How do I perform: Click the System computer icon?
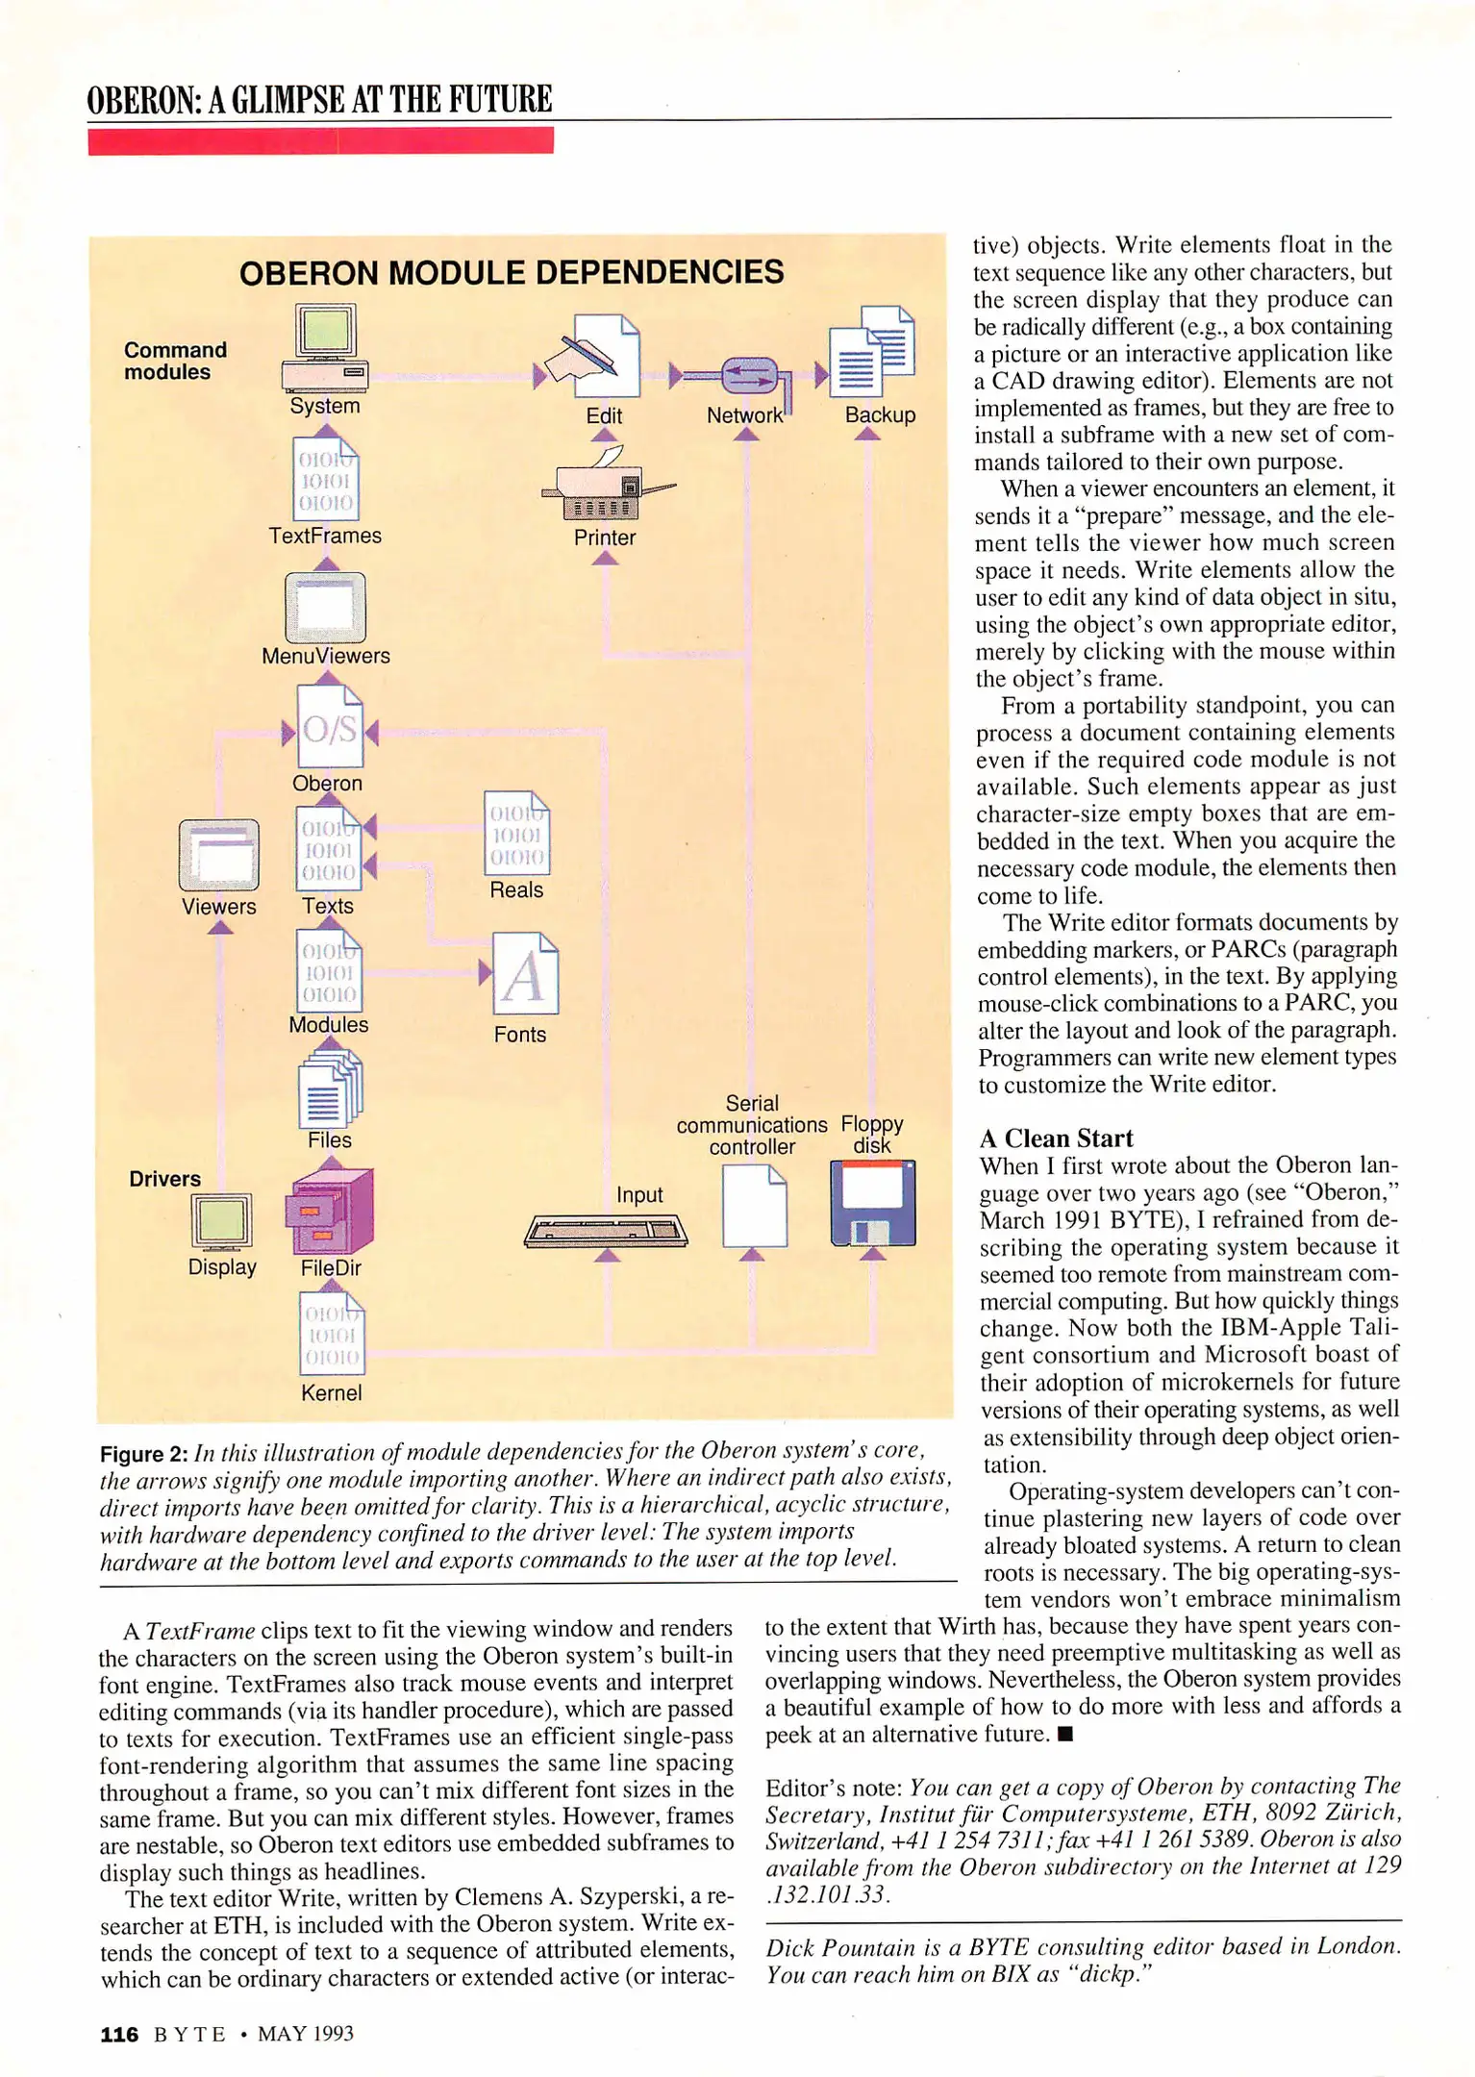(325, 347)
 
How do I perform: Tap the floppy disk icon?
(872, 1202)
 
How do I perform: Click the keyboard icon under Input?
(606, 1231)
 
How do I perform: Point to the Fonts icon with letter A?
(524, 973)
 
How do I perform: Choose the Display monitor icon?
(221, 1221)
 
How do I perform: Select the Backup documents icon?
(871, 351)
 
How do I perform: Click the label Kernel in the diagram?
(331, 1392)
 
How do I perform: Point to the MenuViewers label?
(326, 656)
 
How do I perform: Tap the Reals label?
(516, 890)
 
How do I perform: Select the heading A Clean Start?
(1056, 1139)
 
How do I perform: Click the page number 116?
(119, 2034)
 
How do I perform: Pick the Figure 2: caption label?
(143, 1454)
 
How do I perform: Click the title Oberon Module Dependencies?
(512, 273)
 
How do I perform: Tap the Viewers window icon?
(219, 855)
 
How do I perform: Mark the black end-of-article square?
(1064, 1735)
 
